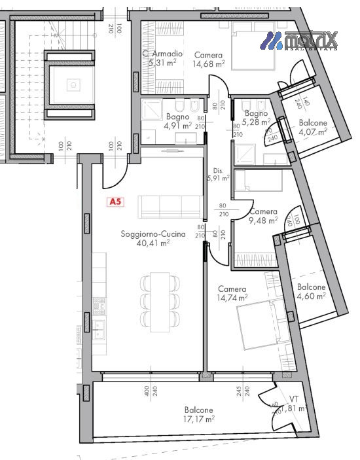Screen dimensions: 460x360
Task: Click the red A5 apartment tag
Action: pos(115,202)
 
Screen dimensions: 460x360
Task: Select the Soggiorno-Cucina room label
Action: pos(153,234)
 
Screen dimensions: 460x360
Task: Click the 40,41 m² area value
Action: pos(153,243)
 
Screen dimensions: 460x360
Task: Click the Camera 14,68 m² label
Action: pos(209,60)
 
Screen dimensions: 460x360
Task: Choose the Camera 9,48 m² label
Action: pos(263,216)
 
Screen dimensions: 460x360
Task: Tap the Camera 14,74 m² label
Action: pos(232,293)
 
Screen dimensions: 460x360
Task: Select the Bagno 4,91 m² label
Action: pos(177,120)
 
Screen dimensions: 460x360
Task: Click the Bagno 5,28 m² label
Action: pos(256,116)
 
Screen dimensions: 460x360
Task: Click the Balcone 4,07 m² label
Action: pos(312,127)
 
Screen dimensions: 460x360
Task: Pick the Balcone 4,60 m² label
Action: pos(311,292)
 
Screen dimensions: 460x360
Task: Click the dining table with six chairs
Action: pos(160,300)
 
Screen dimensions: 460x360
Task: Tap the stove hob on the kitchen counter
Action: pos(99,304)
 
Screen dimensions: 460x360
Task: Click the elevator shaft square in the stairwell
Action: pos(73,84)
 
